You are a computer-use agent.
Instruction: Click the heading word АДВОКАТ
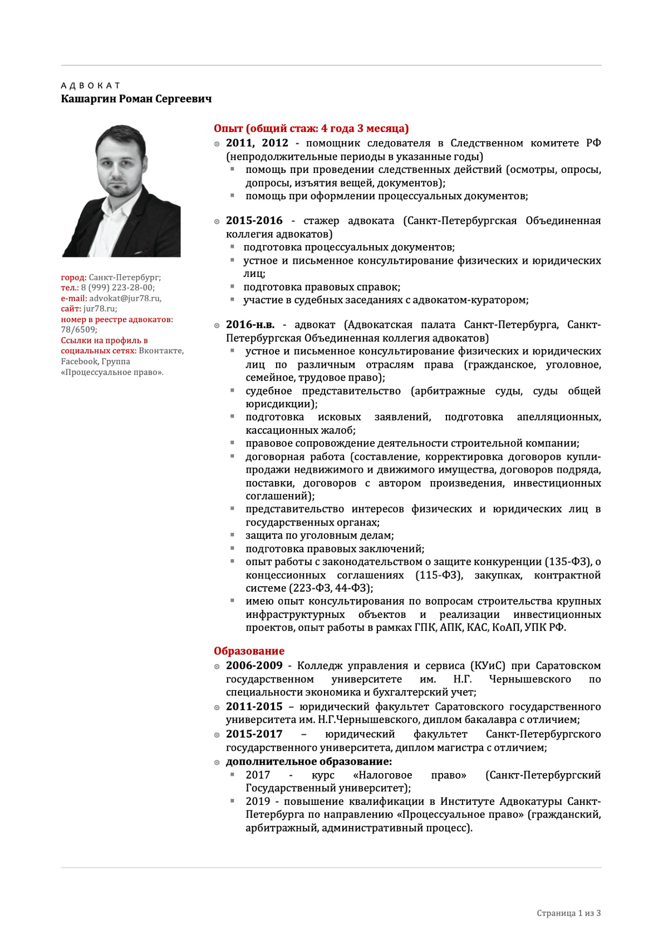click(90, 86)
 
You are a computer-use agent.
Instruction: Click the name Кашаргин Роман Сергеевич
click(136, 99)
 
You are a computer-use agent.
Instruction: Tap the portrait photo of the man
click(121, 191)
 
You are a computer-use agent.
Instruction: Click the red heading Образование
click(249, 651)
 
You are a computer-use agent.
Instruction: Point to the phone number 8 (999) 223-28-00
click(117, 288)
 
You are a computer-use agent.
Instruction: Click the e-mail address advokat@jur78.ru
click(125, 298)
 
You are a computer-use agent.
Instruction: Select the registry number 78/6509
click(78, 330)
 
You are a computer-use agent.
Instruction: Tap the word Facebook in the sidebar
click(78, 362)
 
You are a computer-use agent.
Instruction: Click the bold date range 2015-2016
click(254, 221)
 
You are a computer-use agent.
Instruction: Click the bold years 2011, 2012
click(257, 143)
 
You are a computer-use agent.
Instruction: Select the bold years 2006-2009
click(254, 666)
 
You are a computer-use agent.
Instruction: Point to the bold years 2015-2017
click(254, 734)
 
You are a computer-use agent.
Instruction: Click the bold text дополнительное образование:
click(308, 761)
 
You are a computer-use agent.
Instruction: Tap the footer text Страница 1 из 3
click(568, 913)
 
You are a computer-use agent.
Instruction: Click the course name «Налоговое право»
click(409, 775)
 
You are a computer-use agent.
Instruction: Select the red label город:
click(73, 277)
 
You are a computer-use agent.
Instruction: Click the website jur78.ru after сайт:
click(99, 309)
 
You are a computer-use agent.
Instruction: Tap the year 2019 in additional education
click(258, 801)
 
